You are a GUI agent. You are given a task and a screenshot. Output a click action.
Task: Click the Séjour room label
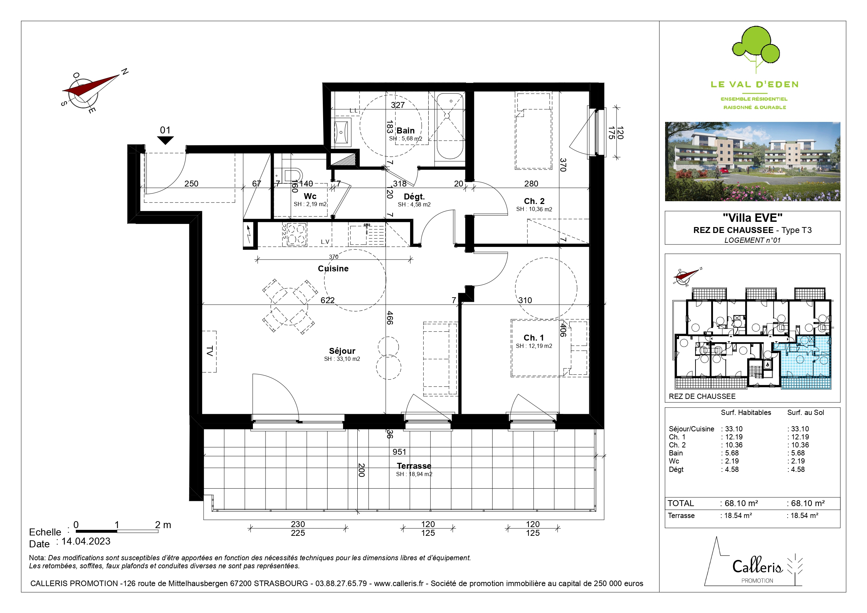pos(342,351)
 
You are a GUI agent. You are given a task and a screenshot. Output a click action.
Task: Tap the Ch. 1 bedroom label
pos(533,338)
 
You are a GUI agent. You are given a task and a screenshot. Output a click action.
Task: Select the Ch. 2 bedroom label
pos(534,201)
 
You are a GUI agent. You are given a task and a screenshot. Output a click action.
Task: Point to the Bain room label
pos(406,131)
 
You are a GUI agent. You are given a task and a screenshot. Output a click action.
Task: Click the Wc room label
pos(310,196)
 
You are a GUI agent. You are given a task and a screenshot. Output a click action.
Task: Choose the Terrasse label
pos(414,466)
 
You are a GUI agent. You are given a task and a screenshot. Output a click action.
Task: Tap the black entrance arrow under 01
pos(165,140)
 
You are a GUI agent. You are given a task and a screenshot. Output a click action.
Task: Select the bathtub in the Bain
pos(450,126)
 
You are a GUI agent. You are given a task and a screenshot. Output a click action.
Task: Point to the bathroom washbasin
pos(342,132)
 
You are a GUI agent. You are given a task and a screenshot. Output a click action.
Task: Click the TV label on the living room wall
pos(210,351)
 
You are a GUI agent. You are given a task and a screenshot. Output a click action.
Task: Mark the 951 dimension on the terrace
pos(399,452)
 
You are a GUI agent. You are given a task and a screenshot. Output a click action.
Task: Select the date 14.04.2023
pos(86,541)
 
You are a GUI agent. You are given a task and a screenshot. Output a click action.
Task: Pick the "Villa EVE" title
pos(752,218)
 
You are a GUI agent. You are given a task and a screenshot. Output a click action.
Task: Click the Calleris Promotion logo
pos(754,562)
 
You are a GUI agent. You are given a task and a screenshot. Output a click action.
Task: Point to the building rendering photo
pos(752,161)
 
